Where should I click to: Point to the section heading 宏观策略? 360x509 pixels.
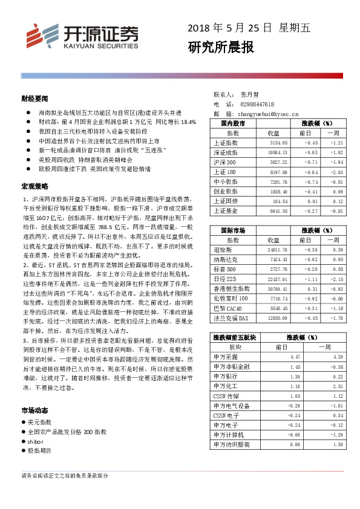click(34, 185)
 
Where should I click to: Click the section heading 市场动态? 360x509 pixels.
click(34, 410)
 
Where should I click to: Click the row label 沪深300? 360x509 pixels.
click(224, 163)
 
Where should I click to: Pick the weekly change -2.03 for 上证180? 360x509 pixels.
click(336, 172)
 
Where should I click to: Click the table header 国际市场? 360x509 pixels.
click(233, 230)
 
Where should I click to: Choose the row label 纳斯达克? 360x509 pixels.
click(226, 259)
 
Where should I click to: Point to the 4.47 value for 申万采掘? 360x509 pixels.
click(295, 357)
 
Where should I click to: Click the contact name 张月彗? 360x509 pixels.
click(249, 95)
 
